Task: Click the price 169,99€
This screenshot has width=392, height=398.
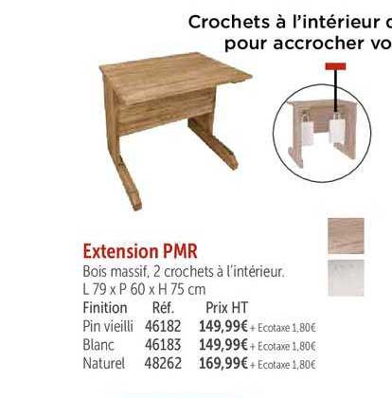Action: point(222,362)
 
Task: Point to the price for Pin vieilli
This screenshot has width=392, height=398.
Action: point(222,327)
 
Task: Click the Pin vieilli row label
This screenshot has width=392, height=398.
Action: point(108,327)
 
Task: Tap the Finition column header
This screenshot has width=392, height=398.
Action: point(104,308)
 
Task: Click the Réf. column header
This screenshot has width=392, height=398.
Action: point(163,308)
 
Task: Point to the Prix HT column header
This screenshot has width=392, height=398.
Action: point(226,308)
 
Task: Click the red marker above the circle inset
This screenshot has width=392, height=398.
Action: point(334,66)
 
